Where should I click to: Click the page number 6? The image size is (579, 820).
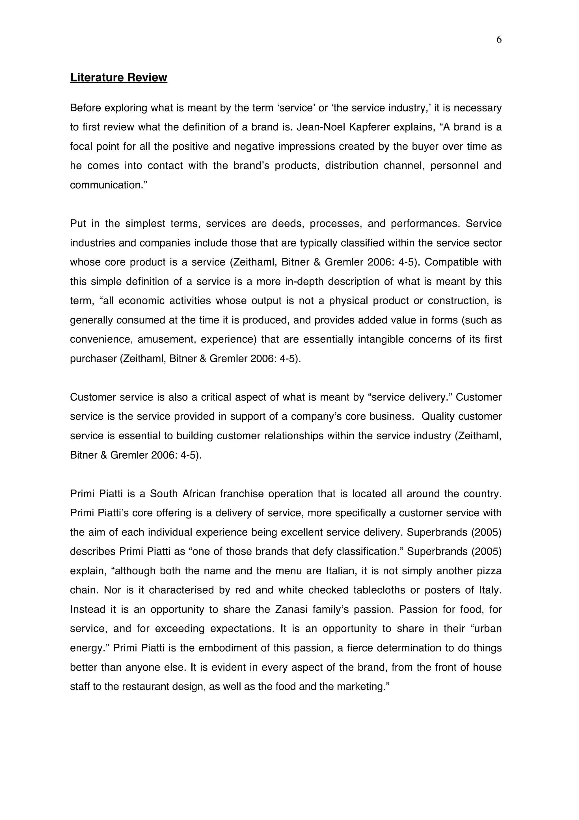[x=499, y=40]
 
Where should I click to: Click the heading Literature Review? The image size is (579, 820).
[x=118, y=78]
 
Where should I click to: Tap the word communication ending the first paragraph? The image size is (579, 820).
[x=106, y=185]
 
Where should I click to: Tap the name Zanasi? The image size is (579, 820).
[x=291, y=609]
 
